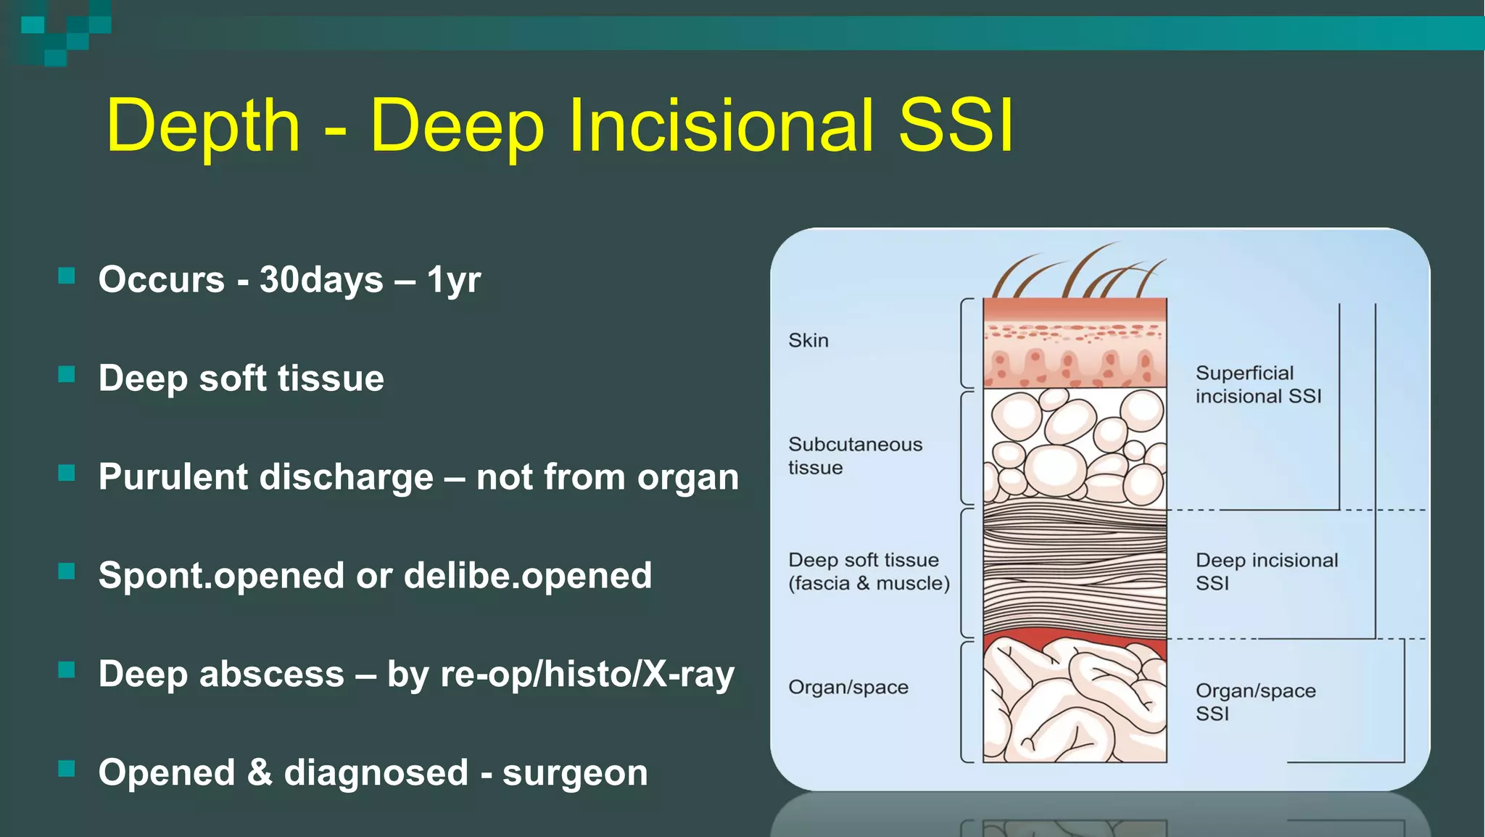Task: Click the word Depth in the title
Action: (x=202, y=126)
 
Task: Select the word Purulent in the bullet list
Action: (x=173, y=477)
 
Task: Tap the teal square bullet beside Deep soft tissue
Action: (x=67, y=374)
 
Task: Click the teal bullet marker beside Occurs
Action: (x=67, y=276)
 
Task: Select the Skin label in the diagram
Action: (x=808, y=340)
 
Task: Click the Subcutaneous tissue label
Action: (x=854, y=455)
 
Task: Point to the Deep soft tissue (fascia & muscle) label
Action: (x=868, y=572)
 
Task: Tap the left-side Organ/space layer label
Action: (x=848, y=687)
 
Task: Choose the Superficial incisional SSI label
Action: (x=1257, y=384)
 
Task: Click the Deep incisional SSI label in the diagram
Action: (x=1265, y=572)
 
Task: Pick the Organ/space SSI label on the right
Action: (x=1254, y=701)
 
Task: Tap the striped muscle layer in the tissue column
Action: (x=1075, y=573)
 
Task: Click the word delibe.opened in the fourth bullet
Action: (x=527, y=576)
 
